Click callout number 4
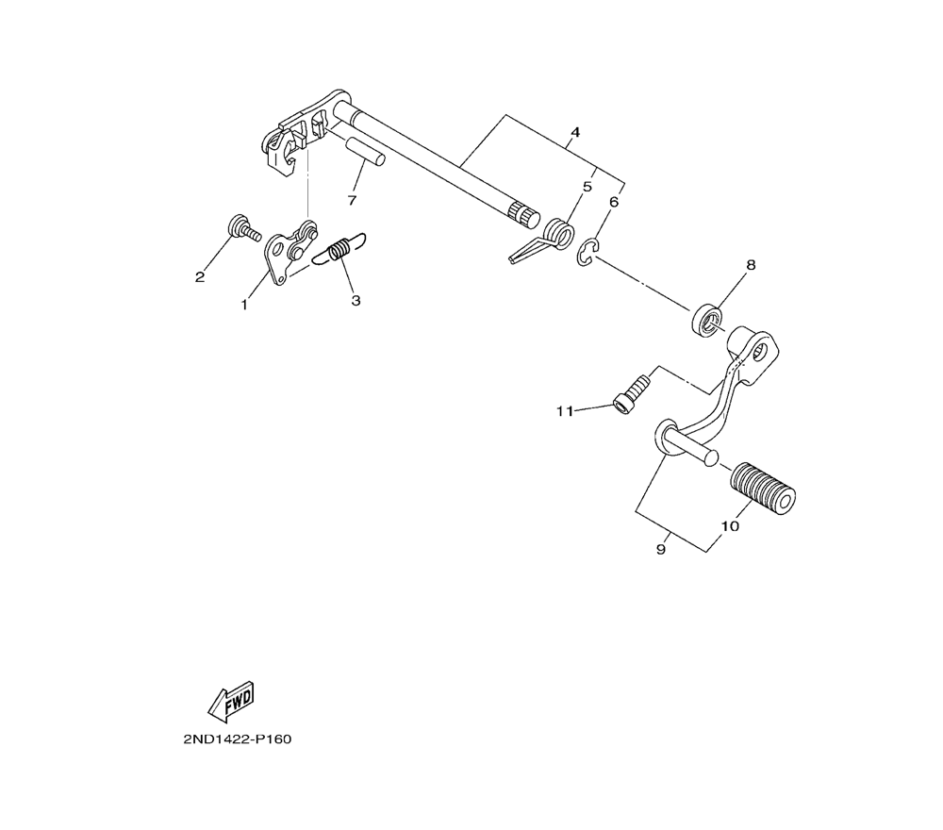click(574, 131)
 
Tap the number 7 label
click(351, 200)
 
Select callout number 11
click(564, 410)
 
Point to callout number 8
click(751, 265)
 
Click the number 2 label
click(199, 276)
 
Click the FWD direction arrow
click(231, 700)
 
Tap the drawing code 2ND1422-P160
click(237, 739)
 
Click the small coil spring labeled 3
click(340, 250)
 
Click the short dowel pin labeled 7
click(364, 151)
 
